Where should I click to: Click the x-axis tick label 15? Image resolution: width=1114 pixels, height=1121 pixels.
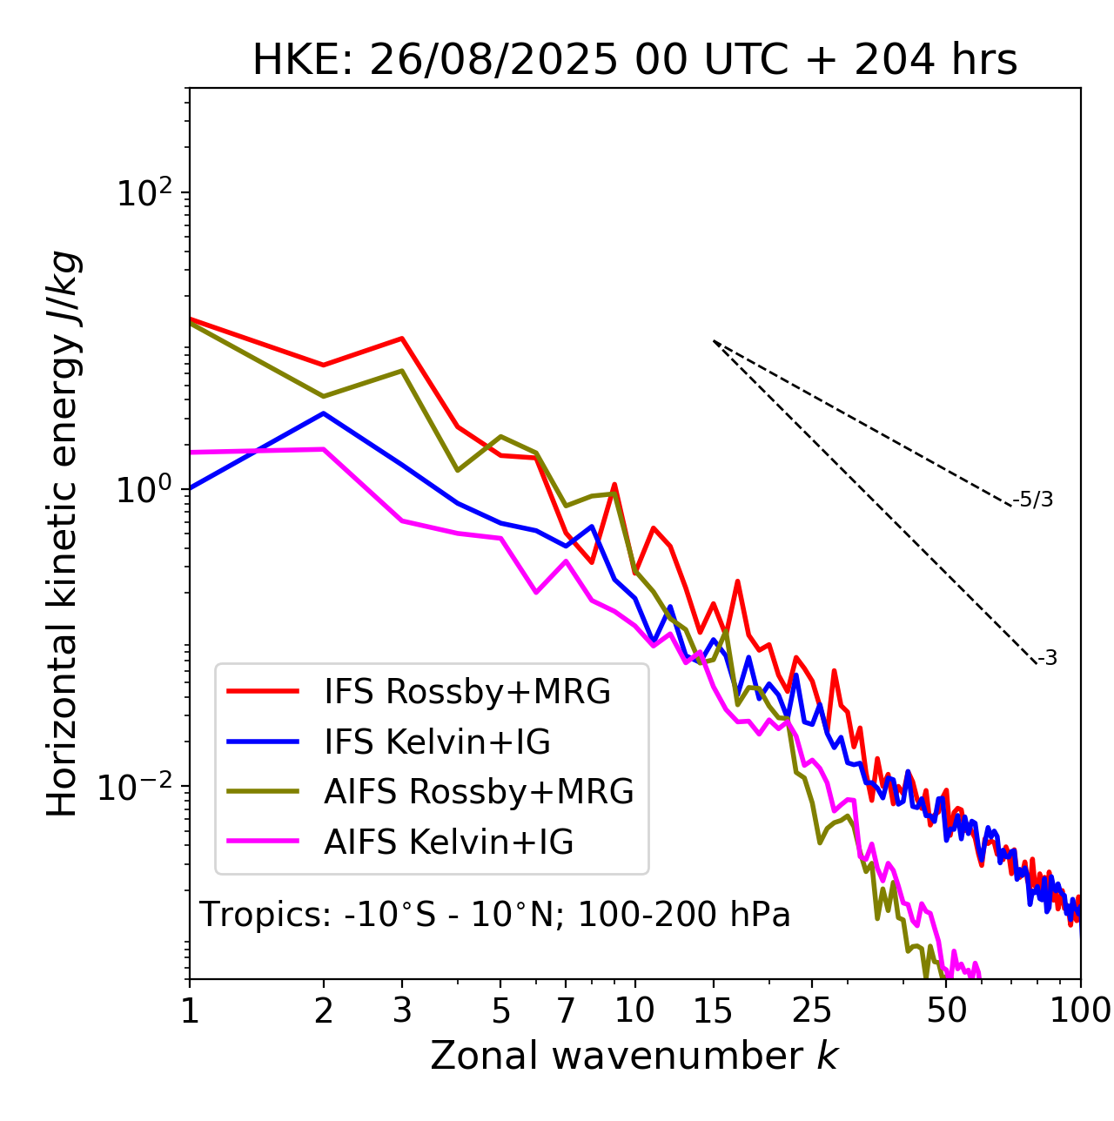tap(713, 1010)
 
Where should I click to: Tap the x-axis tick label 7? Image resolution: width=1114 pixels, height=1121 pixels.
tap(566, 1010)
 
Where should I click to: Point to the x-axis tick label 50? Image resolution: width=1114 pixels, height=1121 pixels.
tap(946, 1010)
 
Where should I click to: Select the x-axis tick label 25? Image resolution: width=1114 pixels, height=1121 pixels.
tap(812, 1010)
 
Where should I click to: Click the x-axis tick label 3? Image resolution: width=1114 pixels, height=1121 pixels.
tap(401, 1010)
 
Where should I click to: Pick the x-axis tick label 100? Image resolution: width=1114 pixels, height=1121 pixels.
tap(1080, 1010)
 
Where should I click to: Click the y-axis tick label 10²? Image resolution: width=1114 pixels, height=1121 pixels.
tap(143, 193)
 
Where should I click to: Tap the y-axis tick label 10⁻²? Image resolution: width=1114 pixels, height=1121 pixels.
tap(139, 787)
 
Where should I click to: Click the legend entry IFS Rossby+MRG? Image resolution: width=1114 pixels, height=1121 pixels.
tap(466, 692)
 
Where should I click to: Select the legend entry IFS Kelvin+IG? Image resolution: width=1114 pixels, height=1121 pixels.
tap(437, 742)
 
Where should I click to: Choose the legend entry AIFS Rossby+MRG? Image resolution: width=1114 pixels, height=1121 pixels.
tap(479, 792)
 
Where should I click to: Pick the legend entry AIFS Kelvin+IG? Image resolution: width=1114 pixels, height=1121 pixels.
tap(448, 842)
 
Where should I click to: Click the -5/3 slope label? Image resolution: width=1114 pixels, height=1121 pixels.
tap(1033, 500)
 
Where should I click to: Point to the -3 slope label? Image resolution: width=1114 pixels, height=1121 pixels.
tap(1047, 659)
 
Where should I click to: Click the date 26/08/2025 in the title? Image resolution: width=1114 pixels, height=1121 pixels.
tap(494, 61)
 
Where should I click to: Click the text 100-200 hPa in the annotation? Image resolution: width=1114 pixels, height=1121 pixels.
tap(684, 915)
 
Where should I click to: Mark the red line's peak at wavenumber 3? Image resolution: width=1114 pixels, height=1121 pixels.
tap(401, 338)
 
